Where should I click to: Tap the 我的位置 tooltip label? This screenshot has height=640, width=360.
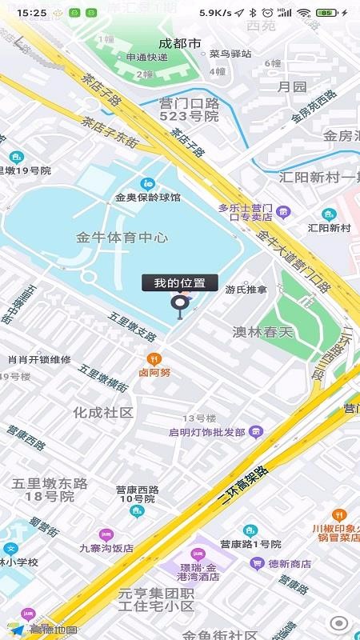[180, 282]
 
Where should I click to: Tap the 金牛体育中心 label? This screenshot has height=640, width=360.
[122, 237]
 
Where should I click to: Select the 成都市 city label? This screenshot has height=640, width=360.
[179, 43]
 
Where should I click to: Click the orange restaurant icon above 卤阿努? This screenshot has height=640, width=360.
[154, 358]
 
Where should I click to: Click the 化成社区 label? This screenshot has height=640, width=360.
[102, 412]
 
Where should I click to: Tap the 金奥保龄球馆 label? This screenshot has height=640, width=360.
[148, 197]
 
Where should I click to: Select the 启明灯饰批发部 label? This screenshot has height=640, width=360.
[206, 432]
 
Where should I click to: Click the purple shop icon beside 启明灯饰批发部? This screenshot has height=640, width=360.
[255, 433]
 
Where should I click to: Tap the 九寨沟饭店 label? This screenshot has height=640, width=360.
[106, 548]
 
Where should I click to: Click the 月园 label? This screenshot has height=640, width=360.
[292, 86]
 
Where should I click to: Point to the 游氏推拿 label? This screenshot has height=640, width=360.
[246, 289]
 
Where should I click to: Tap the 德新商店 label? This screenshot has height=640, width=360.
[290, 563]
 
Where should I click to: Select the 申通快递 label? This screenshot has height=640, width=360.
[146, 57]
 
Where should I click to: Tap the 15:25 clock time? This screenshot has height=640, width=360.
[31, 13]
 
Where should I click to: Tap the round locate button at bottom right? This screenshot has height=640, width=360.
[339, 623]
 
